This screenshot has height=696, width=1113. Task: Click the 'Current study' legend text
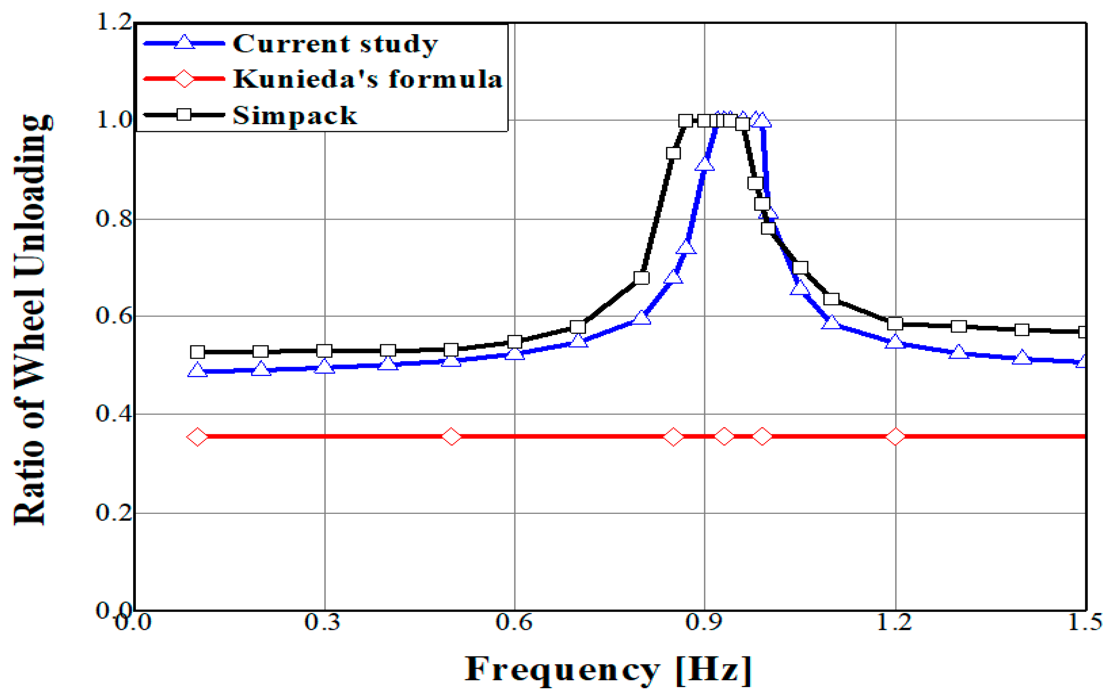point(335,45)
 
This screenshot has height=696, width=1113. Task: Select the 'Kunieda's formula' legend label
point(367,79)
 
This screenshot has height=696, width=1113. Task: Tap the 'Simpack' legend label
point(294,115)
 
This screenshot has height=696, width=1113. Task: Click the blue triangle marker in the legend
point(184,42)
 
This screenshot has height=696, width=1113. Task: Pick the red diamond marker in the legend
point(184,79)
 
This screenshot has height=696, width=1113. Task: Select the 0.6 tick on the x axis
point(514,622)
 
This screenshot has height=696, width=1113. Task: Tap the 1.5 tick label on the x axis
point(1084,622)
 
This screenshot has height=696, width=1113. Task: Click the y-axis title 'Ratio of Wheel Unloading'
point(30,320)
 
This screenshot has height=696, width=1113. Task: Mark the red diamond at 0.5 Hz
point(451,436)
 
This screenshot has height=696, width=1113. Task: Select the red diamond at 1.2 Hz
point(895,436)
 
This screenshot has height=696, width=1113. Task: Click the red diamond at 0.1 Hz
point(197,436)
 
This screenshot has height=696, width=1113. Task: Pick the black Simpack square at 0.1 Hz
point(197,352)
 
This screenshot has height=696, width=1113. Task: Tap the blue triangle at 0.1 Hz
point(197,370)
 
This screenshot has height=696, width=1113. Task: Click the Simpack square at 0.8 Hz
point(641,278)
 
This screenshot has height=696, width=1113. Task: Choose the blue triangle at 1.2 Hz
point(895,342)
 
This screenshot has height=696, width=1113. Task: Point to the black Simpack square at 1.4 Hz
point(1022,329)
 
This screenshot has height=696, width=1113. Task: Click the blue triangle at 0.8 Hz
point(641,318)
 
